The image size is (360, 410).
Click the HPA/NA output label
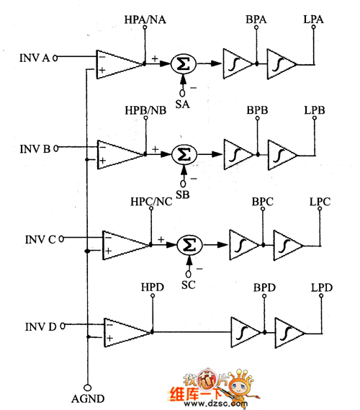click(x=145, y=19)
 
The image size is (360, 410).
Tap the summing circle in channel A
click(x=184, y=63)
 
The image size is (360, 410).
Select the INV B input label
click(x=35, y=148)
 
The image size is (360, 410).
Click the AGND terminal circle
click(x=88, y=387)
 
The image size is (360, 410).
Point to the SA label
click(x=182, y=104)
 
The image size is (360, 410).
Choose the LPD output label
click(x=322, y=288)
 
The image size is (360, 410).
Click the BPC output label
click(x=263, y=202)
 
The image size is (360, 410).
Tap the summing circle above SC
click(x=189, y=245)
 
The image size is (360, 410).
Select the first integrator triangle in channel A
click(x=238, y=63)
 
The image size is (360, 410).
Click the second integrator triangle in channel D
click(x=289, y=333)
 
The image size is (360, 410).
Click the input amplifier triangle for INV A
click(x=120, y=64)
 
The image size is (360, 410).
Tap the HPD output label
click(x=153, y=287)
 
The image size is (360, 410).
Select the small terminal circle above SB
click(x=183, y=184)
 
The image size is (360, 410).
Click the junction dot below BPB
click(x=258, y=155)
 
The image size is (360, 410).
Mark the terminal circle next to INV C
click(x=61, y=239)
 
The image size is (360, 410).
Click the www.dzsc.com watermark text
click(x=216, y=404)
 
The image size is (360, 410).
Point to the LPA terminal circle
click(x=313, y=27)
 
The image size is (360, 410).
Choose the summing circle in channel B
click(x=184, y=154)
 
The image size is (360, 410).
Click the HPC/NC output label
click(x=151, y=202)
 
